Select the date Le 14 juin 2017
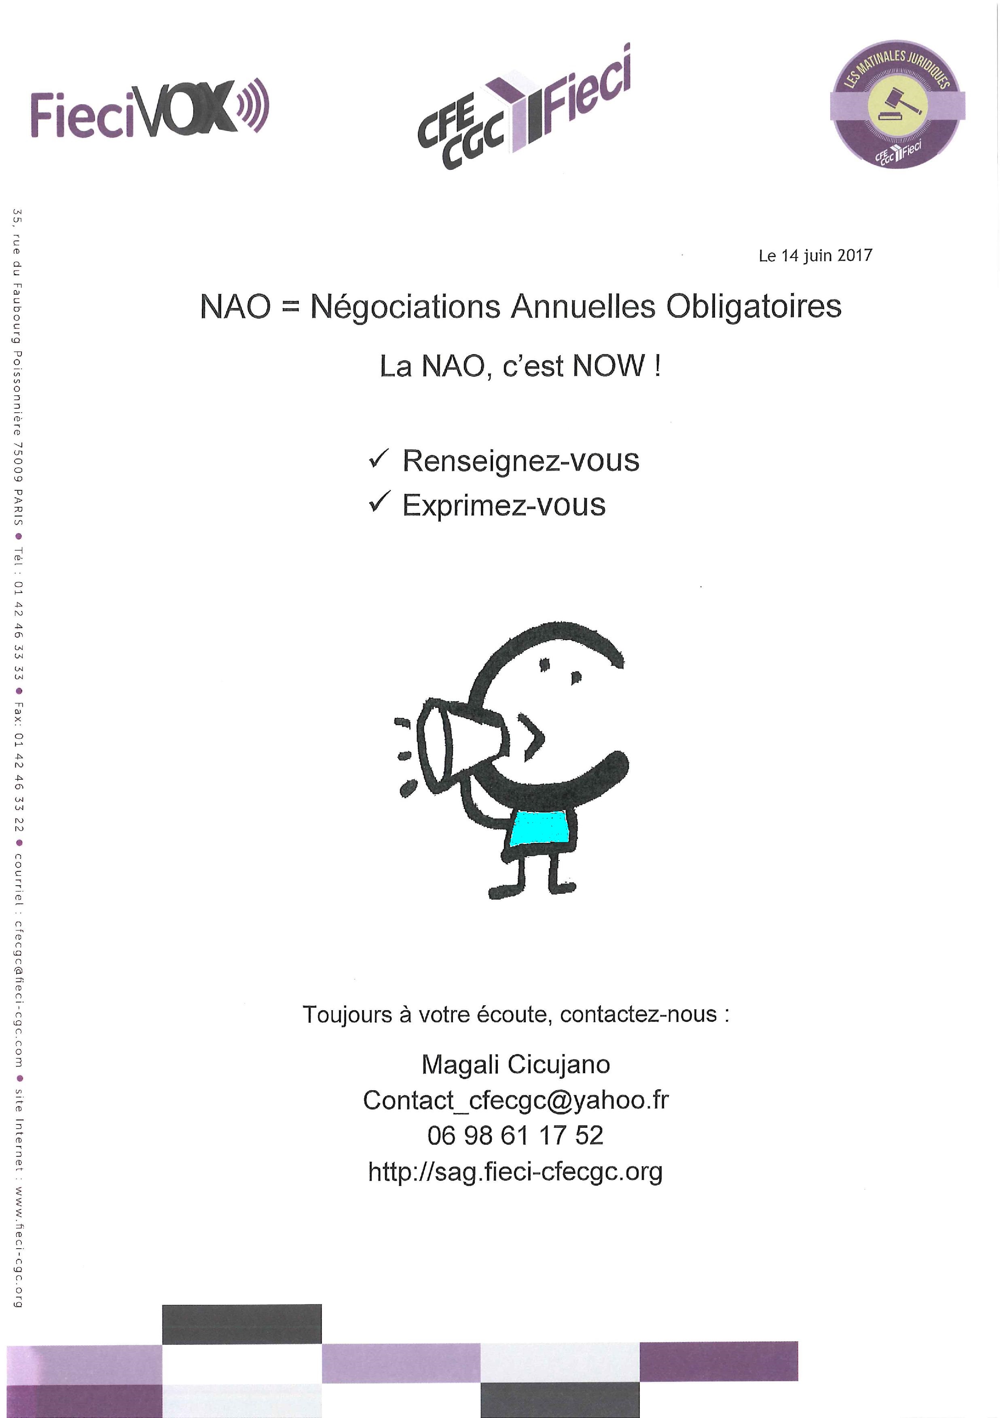click(815, 256)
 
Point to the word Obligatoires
click(753, 306)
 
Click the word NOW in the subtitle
click(609, 366)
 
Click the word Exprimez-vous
click(504, 505)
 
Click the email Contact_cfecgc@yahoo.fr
click(515, 1100)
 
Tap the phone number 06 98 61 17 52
click(515, 1135)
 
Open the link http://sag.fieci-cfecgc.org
click(515, 1171)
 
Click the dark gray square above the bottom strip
click(241, 1323)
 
